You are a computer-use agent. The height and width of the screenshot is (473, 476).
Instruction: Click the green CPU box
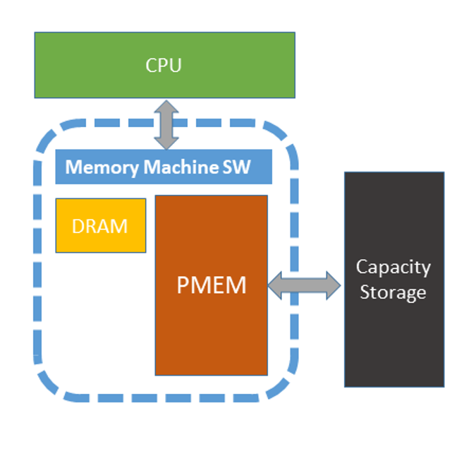[165, 65]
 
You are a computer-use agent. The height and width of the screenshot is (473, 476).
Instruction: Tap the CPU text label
[164, 65]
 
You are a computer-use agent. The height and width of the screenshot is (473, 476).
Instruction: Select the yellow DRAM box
[101, 225]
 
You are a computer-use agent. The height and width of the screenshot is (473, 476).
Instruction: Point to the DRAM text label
[99, 226]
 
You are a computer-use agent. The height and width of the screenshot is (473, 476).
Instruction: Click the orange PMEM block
[212, 285]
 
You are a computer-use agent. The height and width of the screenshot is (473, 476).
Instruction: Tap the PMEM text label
[212, 285]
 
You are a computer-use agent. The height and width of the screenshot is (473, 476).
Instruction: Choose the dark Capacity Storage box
[394, 280]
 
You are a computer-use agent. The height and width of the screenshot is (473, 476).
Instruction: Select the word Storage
[393, 293]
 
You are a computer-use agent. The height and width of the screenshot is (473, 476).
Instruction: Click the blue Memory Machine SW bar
[164, 167]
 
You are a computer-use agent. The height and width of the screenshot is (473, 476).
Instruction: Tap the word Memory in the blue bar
[102, 167]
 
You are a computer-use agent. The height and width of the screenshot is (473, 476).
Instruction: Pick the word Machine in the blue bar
[181, 167]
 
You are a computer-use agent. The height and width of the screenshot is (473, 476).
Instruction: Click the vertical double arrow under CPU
[166, 125]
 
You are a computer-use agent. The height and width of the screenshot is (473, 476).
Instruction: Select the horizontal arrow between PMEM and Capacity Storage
[305, 285]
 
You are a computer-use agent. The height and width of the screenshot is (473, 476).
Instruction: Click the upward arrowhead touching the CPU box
[166, 107]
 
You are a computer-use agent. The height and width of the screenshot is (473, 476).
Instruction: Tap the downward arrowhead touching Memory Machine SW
[166, 143]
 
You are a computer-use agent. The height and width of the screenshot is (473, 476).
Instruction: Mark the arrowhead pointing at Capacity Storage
[334, 285]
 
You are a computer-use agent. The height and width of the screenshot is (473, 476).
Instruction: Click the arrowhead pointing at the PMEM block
[275, 285]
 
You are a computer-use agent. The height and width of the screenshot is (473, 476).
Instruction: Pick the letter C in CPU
[151, 65]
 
